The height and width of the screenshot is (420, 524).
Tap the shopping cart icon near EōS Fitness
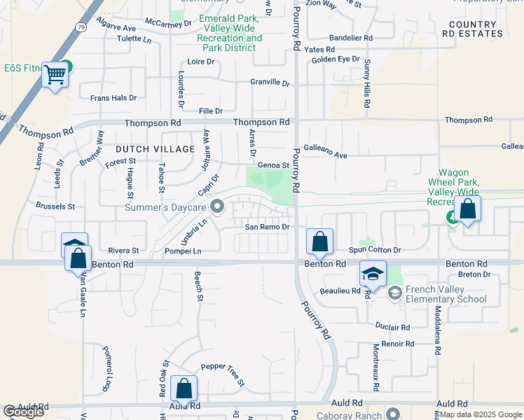[55, 74]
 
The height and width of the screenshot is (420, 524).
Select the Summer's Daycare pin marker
[217, 206]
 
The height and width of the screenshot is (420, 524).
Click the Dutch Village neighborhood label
[155, 149]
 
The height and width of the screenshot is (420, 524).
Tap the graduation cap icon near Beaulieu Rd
[373, 274]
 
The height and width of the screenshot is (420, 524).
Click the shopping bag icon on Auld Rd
[184, 388]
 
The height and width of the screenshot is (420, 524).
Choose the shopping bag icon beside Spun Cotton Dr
[320, 242]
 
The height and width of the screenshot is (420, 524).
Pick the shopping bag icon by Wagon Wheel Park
[467, 209]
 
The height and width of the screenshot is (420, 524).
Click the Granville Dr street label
[270, 83]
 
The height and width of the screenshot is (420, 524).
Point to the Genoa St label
[274, 165]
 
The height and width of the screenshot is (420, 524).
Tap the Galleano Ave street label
[329, 155]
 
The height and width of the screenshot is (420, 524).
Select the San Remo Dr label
[267, 227]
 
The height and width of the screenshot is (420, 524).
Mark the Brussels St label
[56, 206]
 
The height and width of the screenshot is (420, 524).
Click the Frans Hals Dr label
[113, 98]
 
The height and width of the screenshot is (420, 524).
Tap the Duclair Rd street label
[392, 327]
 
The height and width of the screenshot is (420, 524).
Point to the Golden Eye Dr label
[336, 59]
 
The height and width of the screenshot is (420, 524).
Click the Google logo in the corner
[23, 412]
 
